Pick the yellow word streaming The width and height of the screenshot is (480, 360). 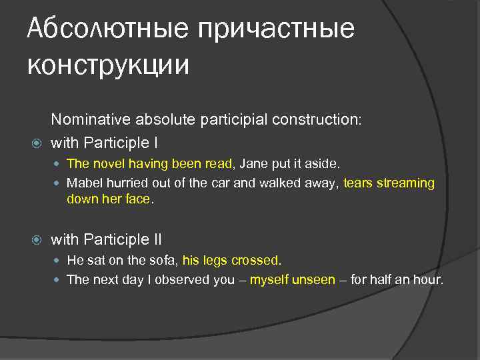point(407,183)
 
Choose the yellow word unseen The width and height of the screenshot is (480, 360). point(314,279)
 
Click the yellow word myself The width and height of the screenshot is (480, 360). point(269,279)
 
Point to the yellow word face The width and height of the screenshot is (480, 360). point(138,199)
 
